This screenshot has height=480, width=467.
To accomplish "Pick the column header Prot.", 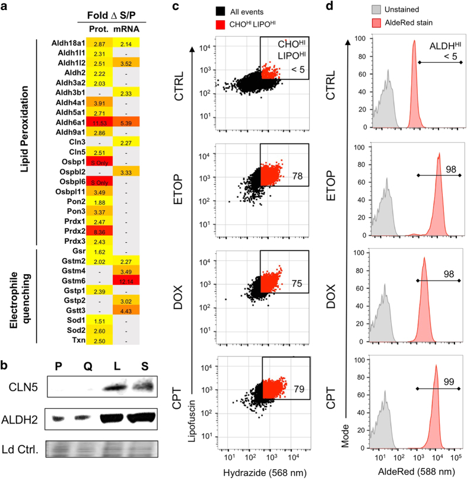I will [x=97, y=27].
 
